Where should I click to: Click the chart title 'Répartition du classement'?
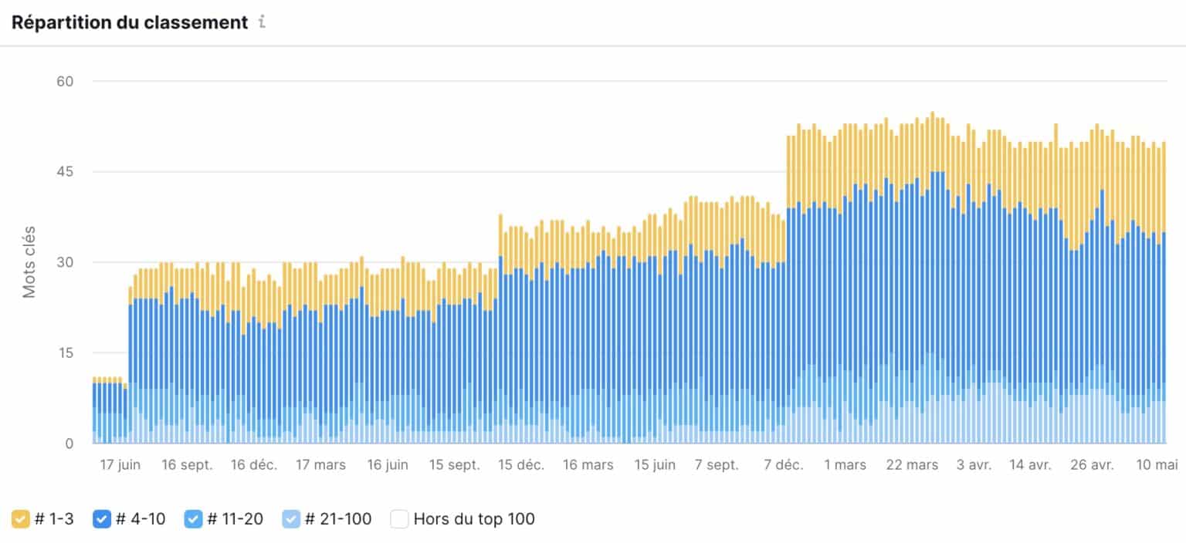click(x=129, y=22)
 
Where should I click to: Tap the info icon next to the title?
click(x=262, y=22)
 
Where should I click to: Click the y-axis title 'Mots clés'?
click(x=29, y=262)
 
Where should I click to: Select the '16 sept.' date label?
click(x=187, y=465)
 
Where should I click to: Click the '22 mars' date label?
click(x=913, y=465)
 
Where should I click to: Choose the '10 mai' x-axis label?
click(x=1156, y=465)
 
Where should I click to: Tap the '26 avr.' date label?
click(x=1092, y=465)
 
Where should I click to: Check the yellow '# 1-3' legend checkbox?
click(x=21, y=519)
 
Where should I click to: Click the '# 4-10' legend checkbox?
click(x=102, y=519)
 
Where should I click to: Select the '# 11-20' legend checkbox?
click(x=193, y=519)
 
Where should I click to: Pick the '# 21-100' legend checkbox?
click(x=291, y=519)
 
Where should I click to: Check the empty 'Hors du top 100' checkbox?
click(x=399, y=519)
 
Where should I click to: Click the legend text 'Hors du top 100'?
click(x=474, y=519)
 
